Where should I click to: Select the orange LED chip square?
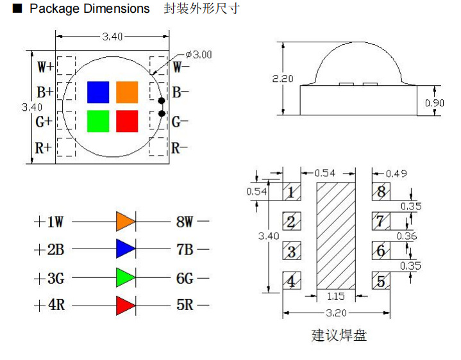(127, 92)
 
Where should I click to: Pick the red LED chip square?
(127, 121)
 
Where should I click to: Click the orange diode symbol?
(125, 222)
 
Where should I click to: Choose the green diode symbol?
(125, 277)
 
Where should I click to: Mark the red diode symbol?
(125, 306)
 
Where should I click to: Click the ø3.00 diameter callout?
(198, 54)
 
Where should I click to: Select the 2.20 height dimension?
(283, 79)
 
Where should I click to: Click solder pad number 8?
(381, 192)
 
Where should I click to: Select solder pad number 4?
(292, 281)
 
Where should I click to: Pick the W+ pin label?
(45, 67)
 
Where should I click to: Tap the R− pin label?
(180, 148)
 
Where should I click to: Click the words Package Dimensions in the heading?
(90, 9)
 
